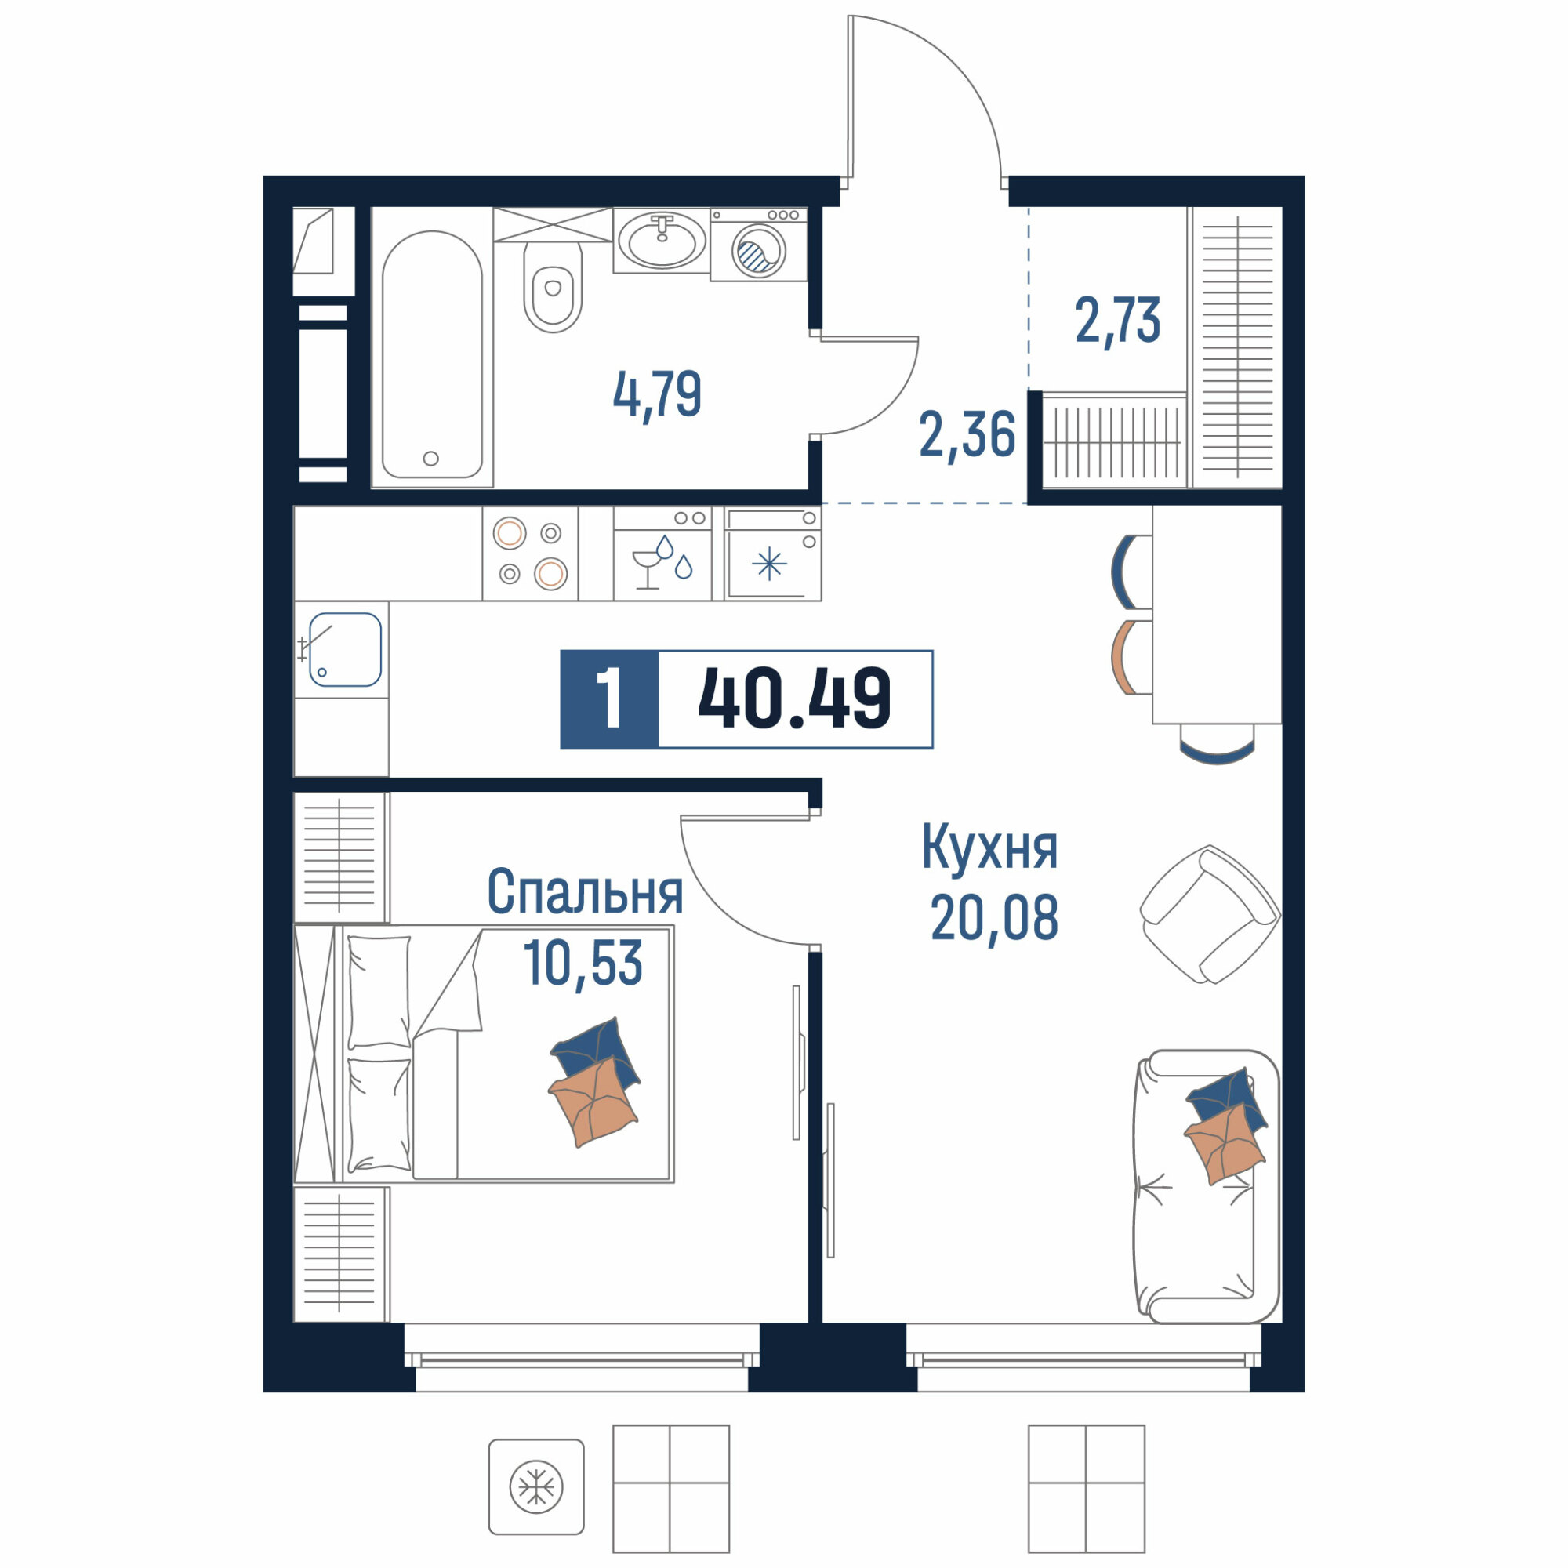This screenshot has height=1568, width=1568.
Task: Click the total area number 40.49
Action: point(794,699)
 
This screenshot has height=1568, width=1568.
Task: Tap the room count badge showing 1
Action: point(608,699)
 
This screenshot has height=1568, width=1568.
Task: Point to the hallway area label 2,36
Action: point(967,435)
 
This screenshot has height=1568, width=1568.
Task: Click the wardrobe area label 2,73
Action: point(1117,321)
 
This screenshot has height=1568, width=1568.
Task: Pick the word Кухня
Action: point(989,848)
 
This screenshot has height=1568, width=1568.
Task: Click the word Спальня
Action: point(585,892)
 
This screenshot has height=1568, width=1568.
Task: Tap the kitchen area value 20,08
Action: point(994,916)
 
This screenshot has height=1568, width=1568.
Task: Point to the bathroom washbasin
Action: point(662,240)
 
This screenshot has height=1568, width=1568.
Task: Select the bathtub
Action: point(432,355)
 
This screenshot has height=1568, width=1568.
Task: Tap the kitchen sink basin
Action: point(345,649)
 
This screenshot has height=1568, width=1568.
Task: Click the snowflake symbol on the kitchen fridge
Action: point(769,564)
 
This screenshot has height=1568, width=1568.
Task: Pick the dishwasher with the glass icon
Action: point(662,554)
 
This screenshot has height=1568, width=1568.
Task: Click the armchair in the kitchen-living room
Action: point(1209,915)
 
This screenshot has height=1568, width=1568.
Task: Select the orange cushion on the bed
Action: point(593,1101)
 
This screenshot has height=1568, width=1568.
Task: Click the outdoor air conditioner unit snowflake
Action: point(536,1486)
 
